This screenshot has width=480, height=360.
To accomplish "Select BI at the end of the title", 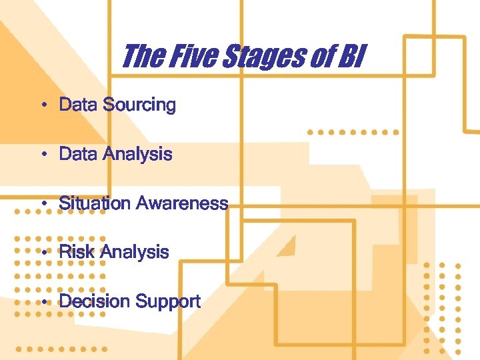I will [x=349, y=56].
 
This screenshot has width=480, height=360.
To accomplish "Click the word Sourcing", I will [x=139, y=105].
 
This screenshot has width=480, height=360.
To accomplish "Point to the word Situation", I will [x=95, y=203].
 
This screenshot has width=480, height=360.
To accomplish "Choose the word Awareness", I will [x=182, y=203].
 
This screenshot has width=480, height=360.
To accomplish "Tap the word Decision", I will [x=95, y=301].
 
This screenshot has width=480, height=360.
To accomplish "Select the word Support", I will [x=167, y=301].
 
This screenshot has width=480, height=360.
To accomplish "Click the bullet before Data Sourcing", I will [x=42, y=105].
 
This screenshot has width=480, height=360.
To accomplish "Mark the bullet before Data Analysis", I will [x=42, y=155].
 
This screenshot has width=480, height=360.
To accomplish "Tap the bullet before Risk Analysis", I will [x=42, y=253].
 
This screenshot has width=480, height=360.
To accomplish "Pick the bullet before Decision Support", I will [x=42, y=302].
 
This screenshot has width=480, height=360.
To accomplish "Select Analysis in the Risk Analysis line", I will [x=134, y=252].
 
